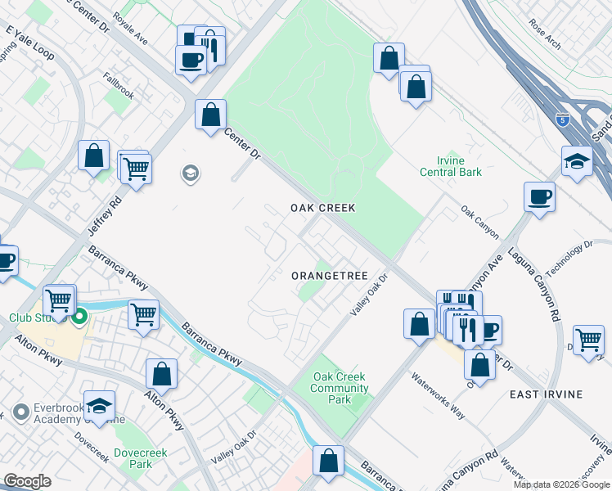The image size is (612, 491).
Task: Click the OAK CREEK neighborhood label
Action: tap(323, 209)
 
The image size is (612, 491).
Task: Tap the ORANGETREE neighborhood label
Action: tap(328, 276)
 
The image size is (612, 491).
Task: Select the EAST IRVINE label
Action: tap(546, 394)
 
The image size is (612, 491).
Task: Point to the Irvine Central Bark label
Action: tap(451, 166)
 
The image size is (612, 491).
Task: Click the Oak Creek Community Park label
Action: tap(340, 388)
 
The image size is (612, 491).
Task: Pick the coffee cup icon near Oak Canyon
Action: tap(540, 197)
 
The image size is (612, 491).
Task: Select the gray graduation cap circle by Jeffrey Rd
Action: tap(191, 173)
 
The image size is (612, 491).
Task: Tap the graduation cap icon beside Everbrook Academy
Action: tap(99, 405)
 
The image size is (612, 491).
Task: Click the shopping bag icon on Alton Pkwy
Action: tap(162, 373)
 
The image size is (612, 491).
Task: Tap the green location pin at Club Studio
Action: tap(80, 317)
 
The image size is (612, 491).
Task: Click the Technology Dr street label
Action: tap(570, 258)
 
